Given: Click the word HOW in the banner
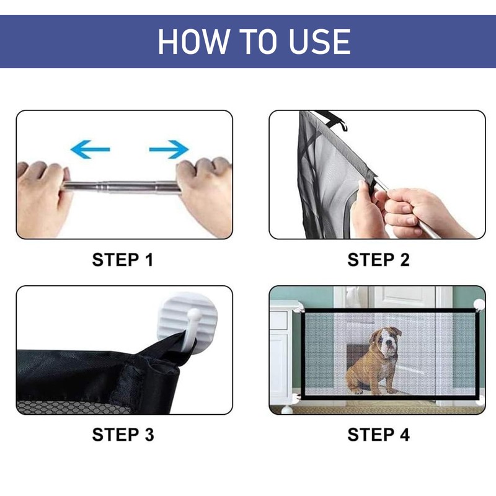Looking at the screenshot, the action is point(193,42).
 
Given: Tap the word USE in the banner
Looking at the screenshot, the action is point(319,42).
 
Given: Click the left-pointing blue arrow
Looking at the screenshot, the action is point(90,149).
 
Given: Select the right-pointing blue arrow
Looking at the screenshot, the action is point(169,149).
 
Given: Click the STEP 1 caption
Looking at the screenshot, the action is point(123,260).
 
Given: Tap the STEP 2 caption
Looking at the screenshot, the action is point(378,260).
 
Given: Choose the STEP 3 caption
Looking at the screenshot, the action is point(123,435).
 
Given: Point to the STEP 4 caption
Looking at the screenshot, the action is point(379,435).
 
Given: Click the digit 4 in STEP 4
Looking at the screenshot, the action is point(404,435).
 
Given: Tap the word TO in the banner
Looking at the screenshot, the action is point(259,42).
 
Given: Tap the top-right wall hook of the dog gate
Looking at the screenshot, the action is point(479,304).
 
